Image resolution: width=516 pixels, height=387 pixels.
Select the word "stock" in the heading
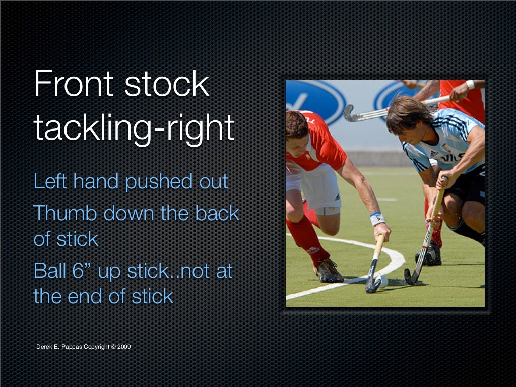(166, 84)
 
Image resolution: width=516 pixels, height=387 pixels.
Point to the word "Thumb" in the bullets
(65, 213)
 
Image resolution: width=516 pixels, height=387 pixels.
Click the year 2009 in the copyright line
(124, 346)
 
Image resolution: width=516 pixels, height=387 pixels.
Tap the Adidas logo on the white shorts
(336, 197)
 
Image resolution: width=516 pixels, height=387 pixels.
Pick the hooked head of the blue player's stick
(409, 276)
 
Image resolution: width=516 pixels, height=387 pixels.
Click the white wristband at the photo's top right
(470, 85)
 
